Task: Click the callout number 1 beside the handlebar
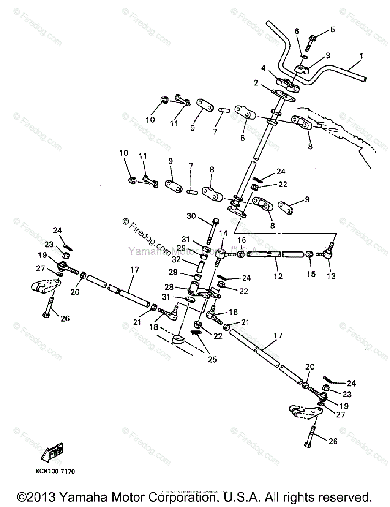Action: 361,56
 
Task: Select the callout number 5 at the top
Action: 333,30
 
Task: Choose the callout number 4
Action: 263,68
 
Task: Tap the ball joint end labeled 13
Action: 328,254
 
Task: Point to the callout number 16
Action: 241,240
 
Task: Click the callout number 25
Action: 212,360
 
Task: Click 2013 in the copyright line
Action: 41,496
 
